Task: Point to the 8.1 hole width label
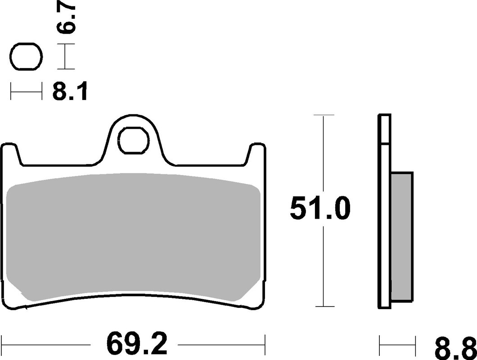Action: click(x=69, y=92)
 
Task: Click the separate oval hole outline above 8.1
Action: click(x=26, y=57)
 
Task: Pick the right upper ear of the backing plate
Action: click(x=256, y=151)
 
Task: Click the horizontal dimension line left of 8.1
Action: click(x=26, y=92)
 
